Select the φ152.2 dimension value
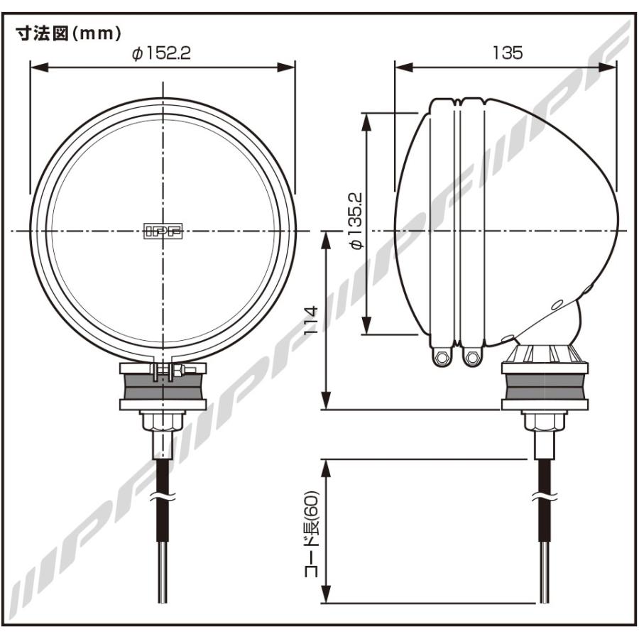161,54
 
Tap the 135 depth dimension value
506,53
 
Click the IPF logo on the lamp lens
162,231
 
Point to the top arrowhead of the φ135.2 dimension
366,119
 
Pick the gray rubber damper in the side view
545,388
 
